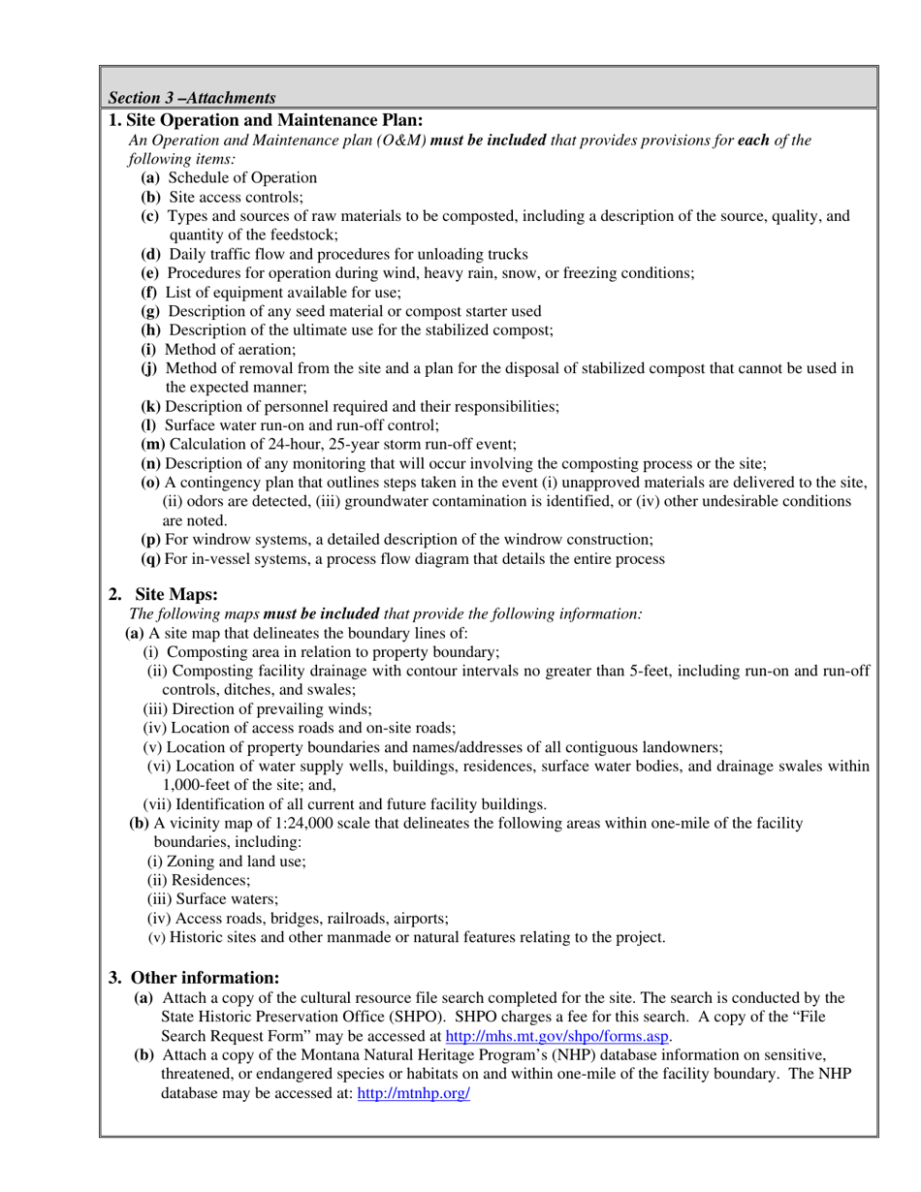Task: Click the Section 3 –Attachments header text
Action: tap(192, 98)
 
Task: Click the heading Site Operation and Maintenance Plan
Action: tap(266, 120)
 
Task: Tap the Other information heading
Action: tap(205, 976)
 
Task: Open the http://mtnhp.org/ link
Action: tap(414, 1092)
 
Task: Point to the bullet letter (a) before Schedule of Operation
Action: tap(151, 177)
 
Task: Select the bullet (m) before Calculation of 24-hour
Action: tap(153, 444)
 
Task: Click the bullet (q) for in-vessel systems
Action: tap(151, 558)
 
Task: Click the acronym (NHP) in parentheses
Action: tap(595, 1054)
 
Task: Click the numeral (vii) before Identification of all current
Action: tap(158, 803)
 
